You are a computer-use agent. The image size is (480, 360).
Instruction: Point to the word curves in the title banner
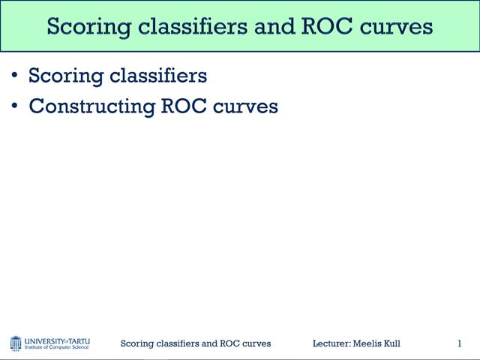click(x=397, y=27)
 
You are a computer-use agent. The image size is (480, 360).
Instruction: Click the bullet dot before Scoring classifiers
click(x=16, y=76)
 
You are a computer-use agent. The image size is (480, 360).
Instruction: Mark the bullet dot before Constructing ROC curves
click(x=16, y=106)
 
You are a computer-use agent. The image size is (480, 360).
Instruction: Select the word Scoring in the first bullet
click(x=61, y=76)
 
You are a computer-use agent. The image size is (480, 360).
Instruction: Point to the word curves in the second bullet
click(x=246, y=106)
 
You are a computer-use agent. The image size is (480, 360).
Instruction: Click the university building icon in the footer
click(x=16, y=343)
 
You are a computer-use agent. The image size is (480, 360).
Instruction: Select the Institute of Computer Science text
click(x=57, y=347)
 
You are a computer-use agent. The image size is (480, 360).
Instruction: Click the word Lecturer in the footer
click(x=331, y=343)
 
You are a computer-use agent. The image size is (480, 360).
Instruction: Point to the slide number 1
click(x=459, y=343)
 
